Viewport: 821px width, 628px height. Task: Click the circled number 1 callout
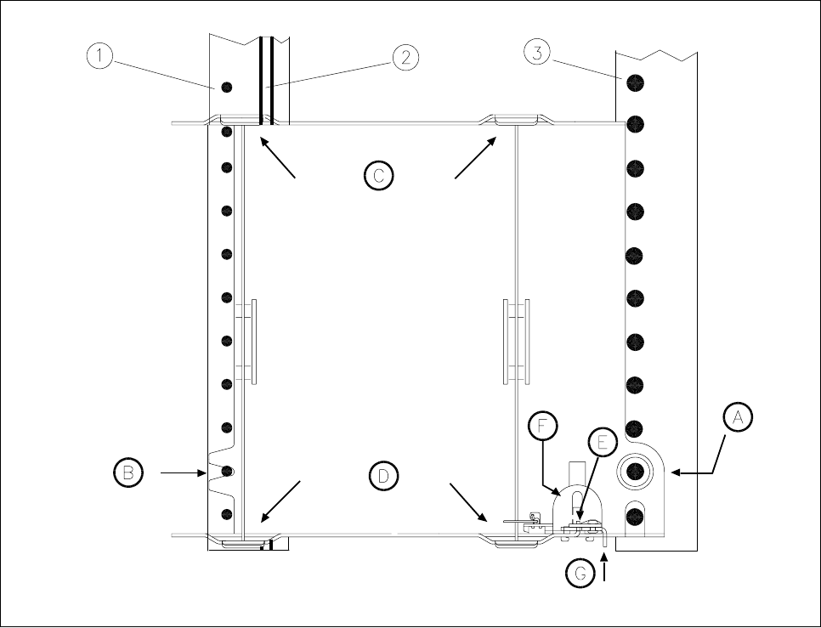[x=100, y=56]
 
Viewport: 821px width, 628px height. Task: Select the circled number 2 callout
[x=405, y=57]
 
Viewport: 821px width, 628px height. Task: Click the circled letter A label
[x=738, y=417]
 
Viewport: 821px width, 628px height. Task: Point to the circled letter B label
[x=127, y=472]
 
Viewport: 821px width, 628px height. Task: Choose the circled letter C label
[x=377, y=175]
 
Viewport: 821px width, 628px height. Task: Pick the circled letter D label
[x=383, y=476]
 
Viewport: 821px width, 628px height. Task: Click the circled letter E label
[x=603, y=443]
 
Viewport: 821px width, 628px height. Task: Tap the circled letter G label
[x=581, y=574]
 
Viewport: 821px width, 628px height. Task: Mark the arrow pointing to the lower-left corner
[x=281, y=501]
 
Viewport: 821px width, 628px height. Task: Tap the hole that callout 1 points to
[x=227, y=88]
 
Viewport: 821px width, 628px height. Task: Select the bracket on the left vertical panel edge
[x=246, y=340]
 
